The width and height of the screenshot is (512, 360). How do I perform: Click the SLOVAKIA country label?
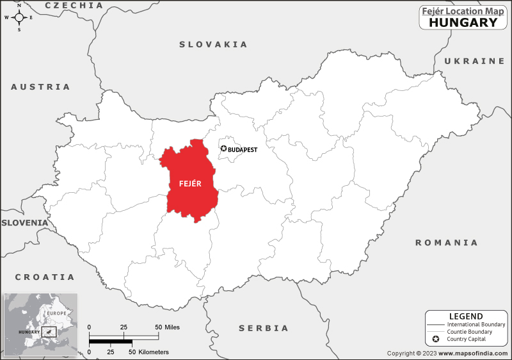pos(213,44)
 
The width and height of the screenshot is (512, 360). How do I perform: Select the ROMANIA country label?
pos(446,243)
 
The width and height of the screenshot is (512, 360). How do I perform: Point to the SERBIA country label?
pos(264,328)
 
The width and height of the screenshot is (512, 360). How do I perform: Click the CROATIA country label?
pos(45,277)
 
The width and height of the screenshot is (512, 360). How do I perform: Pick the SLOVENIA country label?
pos(24,222)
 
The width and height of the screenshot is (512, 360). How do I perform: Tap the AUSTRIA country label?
pos(40,86)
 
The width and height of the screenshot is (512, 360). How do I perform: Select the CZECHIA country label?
pos(74,5)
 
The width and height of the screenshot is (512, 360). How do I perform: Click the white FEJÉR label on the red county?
pos(191,184)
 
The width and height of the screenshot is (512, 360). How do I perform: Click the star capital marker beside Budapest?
pos(223,149)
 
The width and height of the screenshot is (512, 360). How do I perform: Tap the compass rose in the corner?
pos(19,17)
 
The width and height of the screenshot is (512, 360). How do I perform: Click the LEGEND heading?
pos(466,316)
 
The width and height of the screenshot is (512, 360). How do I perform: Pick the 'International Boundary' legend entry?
pos(476,325)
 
